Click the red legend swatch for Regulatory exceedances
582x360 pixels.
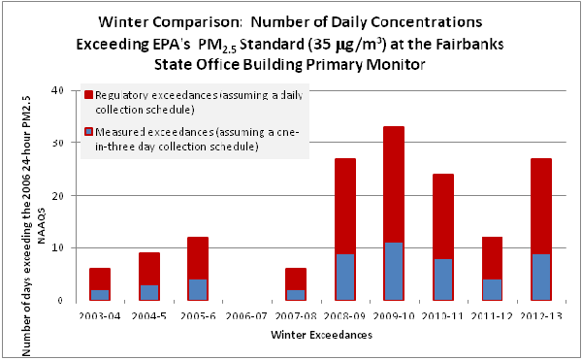[88, 95]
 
